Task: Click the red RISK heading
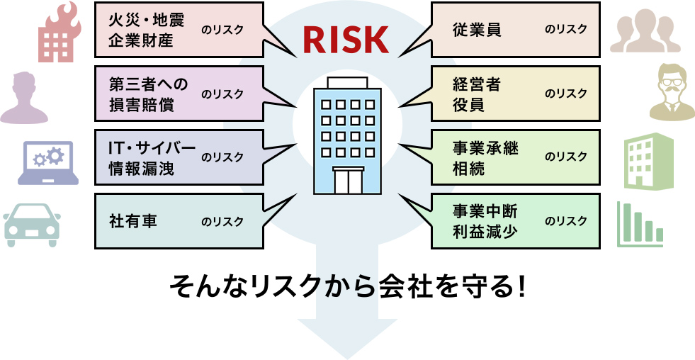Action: (346, 40)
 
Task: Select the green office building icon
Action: (648, 162)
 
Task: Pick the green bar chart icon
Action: (639, 224)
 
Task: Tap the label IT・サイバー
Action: (151, 148)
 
